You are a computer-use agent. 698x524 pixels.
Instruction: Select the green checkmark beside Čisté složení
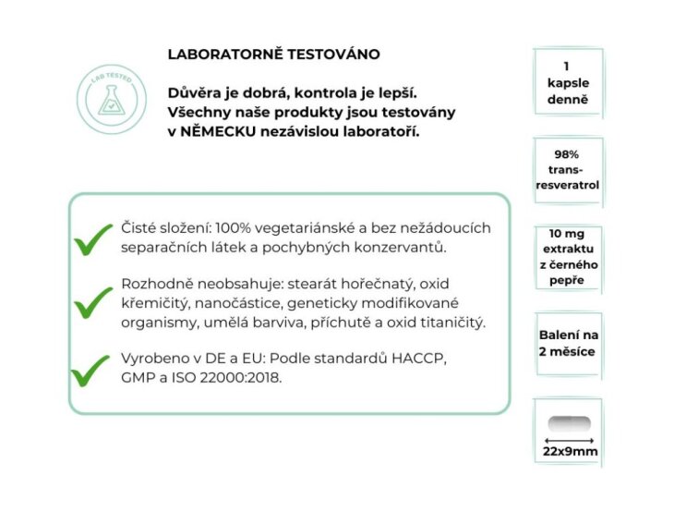[93, 241]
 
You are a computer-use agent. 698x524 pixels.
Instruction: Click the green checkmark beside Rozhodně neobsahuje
[93, 301]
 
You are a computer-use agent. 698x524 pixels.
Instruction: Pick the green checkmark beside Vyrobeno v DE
[93, 370]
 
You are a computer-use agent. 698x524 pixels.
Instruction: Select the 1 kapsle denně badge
[567, 82]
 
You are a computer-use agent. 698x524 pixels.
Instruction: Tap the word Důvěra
[196, 92]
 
